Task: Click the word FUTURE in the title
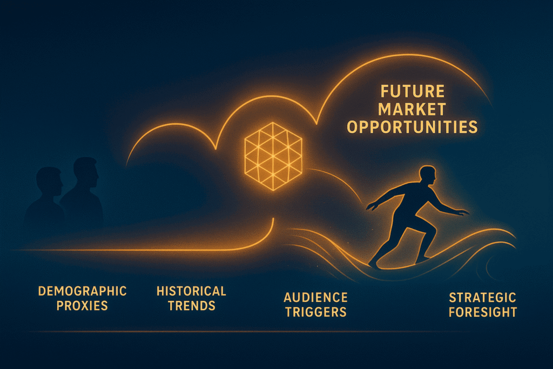pyautogui.click(x=412, y=91)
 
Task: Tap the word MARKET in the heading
pyautogui.click(x=412, y=109)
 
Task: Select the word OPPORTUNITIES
pyautogui.click(x=412, y=128)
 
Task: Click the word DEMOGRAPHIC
pyautogui.click(x=82, y=291)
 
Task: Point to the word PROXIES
pyautogui.click(x=82, y=306)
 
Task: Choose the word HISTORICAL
pyautogui.click(x=191, y=291)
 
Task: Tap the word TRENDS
pyautogui.click(x=191, y=306)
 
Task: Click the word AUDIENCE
pyautogui.click(x=315, y=297)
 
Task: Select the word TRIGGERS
pyautogui.click(x=315, y=312)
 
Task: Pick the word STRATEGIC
pyautogui.click(x=482, y=298)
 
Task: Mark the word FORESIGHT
pyautogui.click(x=482, y=312)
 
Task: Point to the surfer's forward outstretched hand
pyautogui.click(x=462, y=213)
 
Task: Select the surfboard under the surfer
pyautogui.click(x=400, y=263)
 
